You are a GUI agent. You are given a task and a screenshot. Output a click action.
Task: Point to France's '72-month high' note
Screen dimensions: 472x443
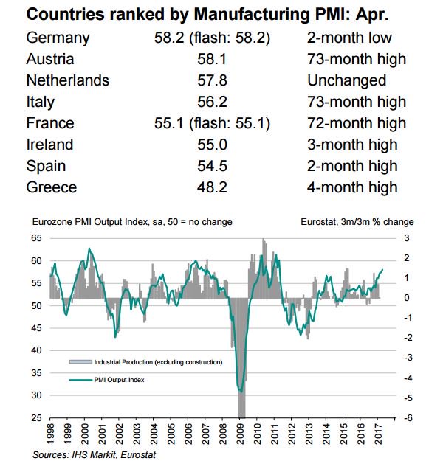click(x=355, y=123)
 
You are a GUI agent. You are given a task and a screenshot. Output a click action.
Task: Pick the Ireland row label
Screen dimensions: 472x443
click(x=50, y=145)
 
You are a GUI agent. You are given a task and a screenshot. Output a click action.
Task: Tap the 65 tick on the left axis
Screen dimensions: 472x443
click(x=36, y=238)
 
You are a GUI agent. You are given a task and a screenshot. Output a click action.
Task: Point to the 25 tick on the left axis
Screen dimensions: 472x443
click(x=36, y=418)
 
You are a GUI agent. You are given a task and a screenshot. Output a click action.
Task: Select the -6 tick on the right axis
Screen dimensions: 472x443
click(x=406, y=418)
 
